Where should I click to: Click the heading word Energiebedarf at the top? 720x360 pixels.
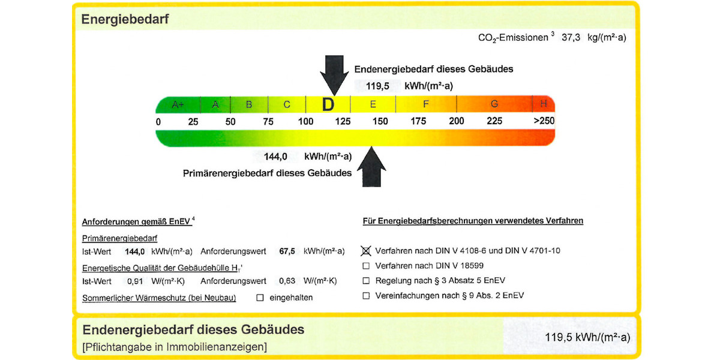tap(125, 19)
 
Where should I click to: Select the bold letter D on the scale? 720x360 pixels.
tap(328, 105)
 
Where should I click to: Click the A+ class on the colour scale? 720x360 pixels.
tap(178, 104)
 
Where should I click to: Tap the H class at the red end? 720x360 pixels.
tap(543, 104)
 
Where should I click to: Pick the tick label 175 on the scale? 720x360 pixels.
tap(418, 121)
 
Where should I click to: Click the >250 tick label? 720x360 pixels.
tap(544, 121)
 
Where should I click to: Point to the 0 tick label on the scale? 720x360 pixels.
tap(158, 122)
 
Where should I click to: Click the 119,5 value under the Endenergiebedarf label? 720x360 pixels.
tap(378, 86)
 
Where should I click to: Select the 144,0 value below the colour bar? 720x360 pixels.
tap(276, 157)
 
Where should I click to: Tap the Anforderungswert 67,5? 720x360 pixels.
tap(287, 251)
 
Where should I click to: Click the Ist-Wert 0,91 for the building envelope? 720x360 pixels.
tap(135, 281)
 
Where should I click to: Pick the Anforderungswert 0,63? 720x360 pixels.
tap(289, 281)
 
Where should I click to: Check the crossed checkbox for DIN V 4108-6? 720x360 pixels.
tap(366, 250)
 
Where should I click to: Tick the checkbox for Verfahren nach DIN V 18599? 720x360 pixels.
tap(366, 266)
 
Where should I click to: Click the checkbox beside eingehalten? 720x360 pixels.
tap(260, 297)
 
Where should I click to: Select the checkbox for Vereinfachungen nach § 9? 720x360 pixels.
tap(366, 296)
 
